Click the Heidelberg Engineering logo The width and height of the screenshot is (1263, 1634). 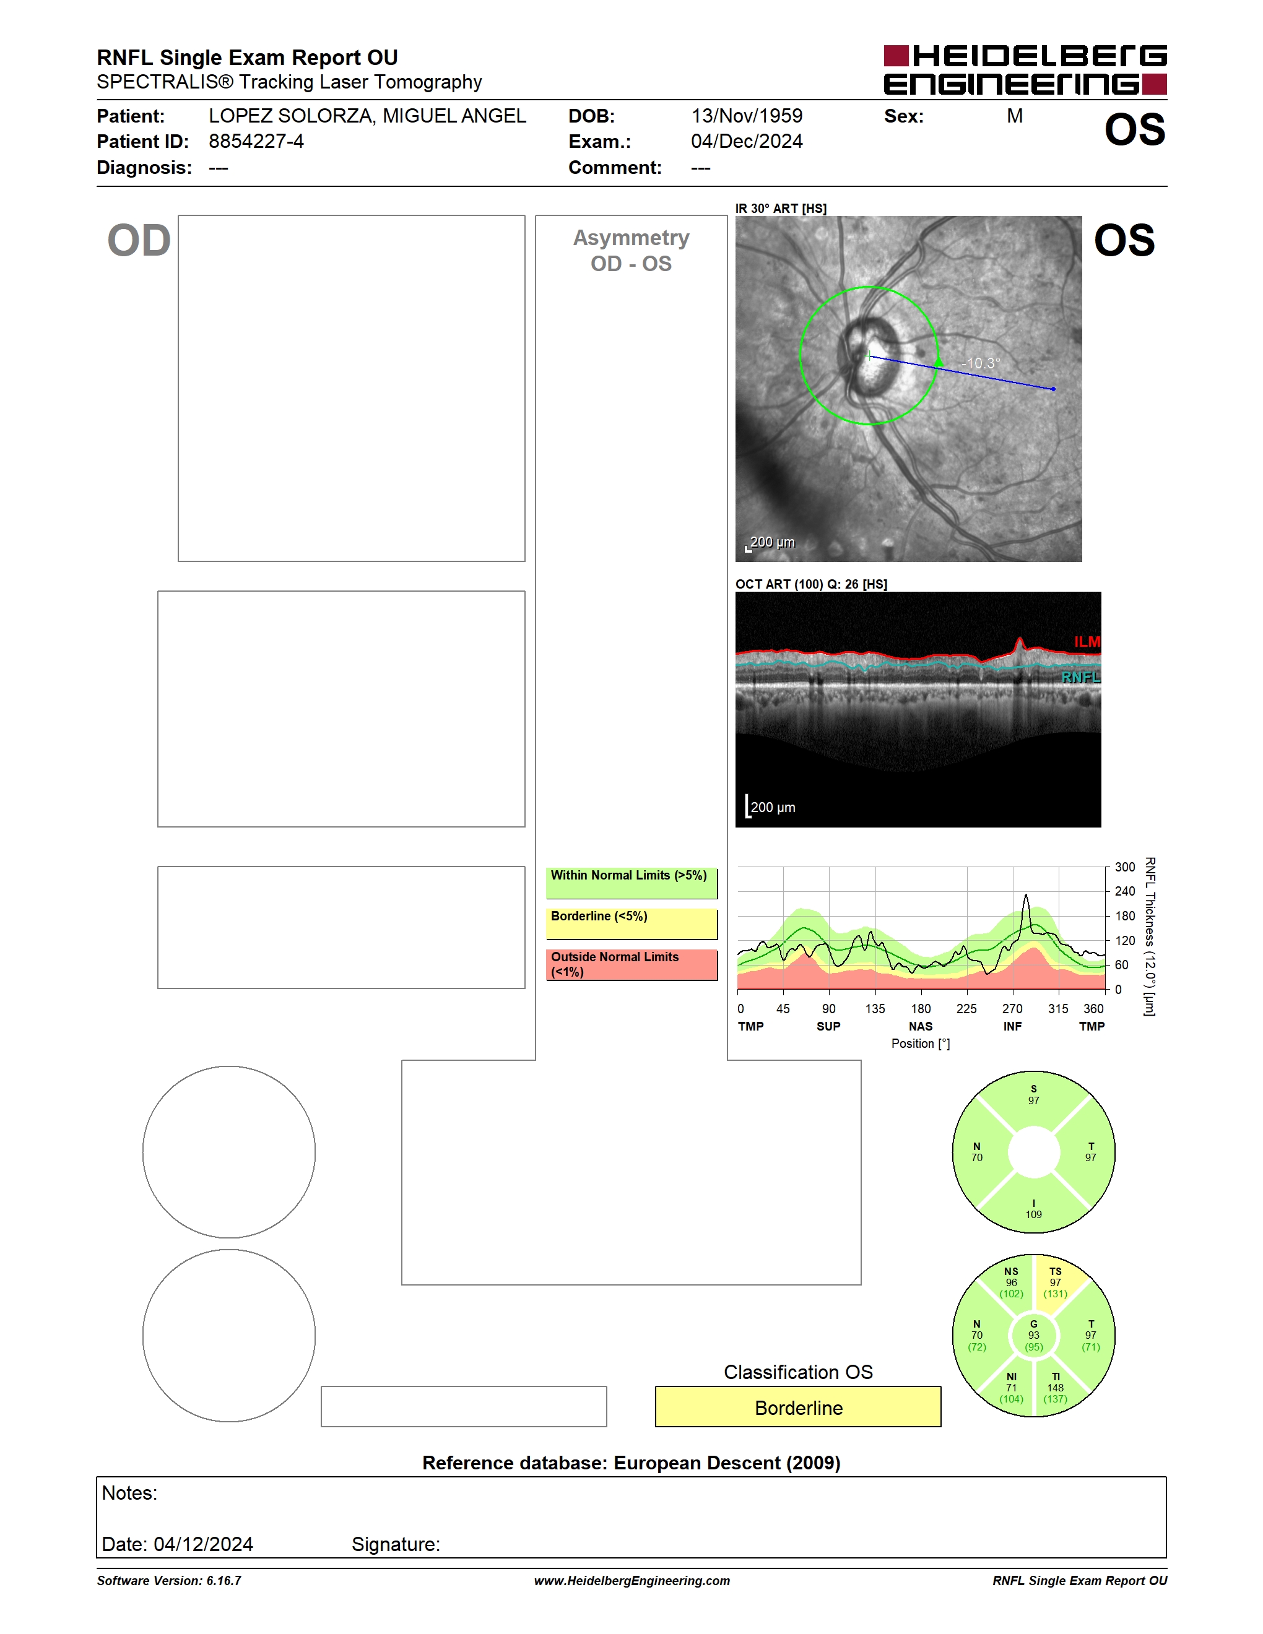point(1025,69)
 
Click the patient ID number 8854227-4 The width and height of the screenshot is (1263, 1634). point(256,141)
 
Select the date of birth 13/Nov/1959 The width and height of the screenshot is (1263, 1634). point(747,116)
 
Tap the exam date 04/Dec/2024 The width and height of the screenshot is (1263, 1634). point(747,141)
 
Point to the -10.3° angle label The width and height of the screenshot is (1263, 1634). point(981,363)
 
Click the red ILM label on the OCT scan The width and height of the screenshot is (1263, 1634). point(1087,642)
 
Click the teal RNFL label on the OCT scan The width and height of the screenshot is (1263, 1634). point(1081,677)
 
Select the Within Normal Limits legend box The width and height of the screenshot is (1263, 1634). point(631,883)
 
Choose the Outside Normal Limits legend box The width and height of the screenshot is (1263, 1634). point(631,964)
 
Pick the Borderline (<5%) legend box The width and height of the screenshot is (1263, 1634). point(631,924)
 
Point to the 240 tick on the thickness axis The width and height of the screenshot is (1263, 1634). point(1124,891)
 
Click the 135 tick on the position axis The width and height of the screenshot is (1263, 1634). point(875,1008)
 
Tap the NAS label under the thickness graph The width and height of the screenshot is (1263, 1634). point(920,1026)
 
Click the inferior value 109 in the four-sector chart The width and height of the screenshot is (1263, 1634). point(1033,1214)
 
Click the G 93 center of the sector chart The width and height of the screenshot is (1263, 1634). point(1033,1336)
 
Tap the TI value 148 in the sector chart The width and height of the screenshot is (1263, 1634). point(1055,1388)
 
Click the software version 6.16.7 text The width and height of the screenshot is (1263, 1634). point(224,1581)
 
